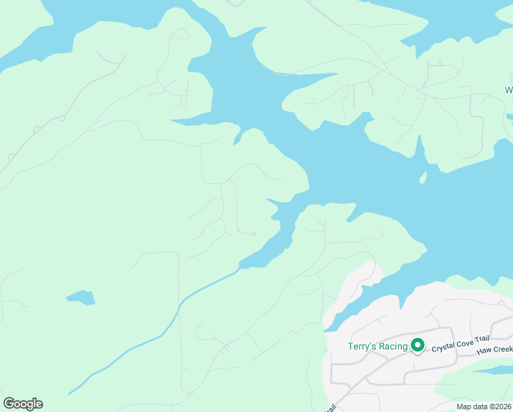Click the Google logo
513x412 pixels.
23,404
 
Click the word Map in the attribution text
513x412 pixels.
464,407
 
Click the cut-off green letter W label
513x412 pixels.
509,90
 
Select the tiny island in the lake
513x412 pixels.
423,178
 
